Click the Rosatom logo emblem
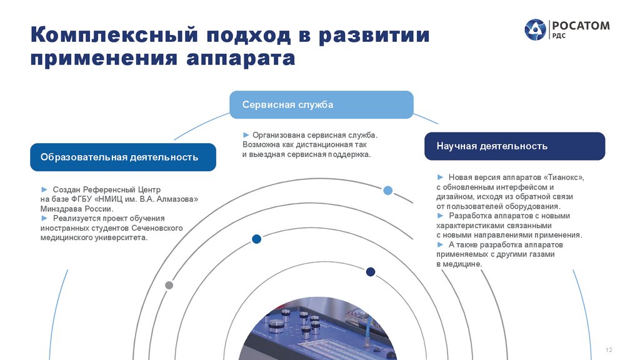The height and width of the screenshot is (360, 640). [x=535, y=29]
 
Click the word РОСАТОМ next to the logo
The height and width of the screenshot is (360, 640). [x=581, y=26]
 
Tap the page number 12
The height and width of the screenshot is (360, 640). [x=609, y=349]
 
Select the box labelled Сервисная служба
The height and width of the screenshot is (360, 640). [x=321, y=104]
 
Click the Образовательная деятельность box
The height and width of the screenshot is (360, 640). [x=123, y=157]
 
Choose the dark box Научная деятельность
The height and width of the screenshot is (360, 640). [x=514, y=146]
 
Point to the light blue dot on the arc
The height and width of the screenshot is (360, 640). [x=388, y=191]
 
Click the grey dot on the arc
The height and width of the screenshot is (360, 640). [x=169, y=285]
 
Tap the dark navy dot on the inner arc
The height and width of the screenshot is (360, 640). [x=370, y=272]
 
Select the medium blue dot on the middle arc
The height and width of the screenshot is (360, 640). [x=256, y=239]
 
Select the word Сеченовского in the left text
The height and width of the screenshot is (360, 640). [x=157, y=228]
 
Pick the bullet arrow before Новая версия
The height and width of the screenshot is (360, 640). [x=441, y=177]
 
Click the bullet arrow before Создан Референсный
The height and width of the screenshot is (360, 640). [x=44, y=189]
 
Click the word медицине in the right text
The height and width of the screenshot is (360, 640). [x=463, y=264]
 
